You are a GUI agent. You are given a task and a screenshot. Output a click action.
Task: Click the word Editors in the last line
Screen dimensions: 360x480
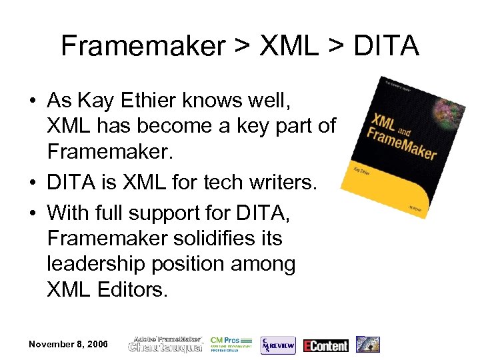tap(133, 289)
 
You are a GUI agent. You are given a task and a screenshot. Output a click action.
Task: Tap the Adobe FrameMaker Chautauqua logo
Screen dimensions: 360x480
tap(165, 344)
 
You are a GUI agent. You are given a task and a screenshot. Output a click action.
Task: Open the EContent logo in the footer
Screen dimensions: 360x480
tap(326, 345)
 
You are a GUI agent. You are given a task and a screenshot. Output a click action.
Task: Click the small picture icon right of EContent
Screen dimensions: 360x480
tap(367, 344)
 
